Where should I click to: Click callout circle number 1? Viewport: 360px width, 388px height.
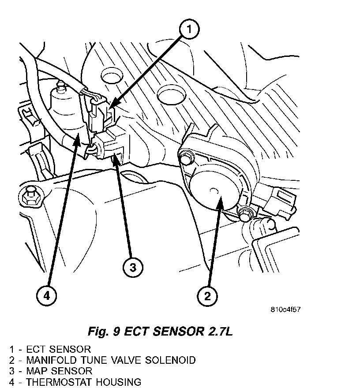tap(189, 29)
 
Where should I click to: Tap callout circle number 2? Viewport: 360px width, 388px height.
tap(207, 296)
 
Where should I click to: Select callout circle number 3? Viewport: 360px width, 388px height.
tap(133, 268)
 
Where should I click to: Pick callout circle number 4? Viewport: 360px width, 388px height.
tap(47, 296)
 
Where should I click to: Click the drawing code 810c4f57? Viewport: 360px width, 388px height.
tap(285, 310)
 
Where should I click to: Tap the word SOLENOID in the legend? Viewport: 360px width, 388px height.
tap(170, 360)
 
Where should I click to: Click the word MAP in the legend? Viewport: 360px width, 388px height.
tap(37, 371)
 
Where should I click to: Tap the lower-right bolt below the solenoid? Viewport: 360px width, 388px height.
tap(246, 213)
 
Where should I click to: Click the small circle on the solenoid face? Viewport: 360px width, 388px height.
tap(214, 191)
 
